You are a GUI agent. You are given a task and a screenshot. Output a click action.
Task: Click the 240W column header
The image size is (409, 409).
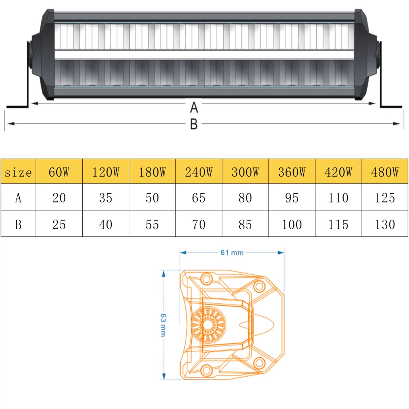pyautogui.click(x=199, y=172)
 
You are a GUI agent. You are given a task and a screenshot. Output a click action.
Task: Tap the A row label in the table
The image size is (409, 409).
pyautogui.click(x=18, y=198)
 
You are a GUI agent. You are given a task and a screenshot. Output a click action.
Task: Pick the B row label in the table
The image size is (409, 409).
pyautogui.click(x=18, y=224)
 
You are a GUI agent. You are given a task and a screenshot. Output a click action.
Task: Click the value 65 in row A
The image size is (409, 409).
pyautogui.click(x=199, y=198)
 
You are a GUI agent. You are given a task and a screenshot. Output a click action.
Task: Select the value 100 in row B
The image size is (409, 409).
pyautogui.click(x=292, y=224)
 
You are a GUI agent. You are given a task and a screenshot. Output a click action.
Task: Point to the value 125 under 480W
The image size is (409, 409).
pyautogui.click(x=385, y=198)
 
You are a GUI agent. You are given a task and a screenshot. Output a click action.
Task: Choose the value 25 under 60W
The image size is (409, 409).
pyautogui.click(x=59, y=224)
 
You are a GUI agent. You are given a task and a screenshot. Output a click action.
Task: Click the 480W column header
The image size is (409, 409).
pyautogui.click(x=385, y=172)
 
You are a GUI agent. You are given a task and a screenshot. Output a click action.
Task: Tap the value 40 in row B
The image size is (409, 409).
pyautogui.click(x=106, y=224)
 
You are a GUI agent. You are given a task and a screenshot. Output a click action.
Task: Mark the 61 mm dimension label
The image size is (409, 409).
pyautogui.click(x=232, y=253)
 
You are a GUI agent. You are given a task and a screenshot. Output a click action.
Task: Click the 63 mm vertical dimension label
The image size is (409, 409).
pyautogui.click(x=163, y=325)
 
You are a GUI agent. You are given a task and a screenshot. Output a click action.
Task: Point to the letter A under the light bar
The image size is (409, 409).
pyautogui.click(x=194, y=108)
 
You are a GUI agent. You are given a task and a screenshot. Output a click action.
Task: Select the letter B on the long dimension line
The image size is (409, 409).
pyautogui.click(x=194, y=124)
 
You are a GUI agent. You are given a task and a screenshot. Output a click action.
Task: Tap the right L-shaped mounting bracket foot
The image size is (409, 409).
pyautogui.click(x=391, y=106)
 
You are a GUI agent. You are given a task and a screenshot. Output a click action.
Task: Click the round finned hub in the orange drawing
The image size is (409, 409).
pyautogui.click(x=208, y=325)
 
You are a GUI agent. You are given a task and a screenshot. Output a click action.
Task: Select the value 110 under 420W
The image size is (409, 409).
pyautogui.click(x=338, y=198)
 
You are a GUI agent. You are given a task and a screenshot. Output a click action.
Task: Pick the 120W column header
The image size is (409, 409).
pyautogui.click(x=106, y=172)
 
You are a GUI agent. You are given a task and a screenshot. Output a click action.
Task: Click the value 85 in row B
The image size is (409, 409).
pyautogui.click(x=245, y=224)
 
